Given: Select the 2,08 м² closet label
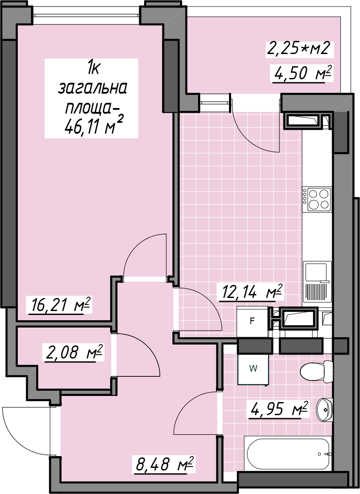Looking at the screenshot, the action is click(x=74, y=353).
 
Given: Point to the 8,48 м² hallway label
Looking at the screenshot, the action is click(x=165, y=464).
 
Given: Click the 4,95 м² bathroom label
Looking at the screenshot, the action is click(x=278, y=409).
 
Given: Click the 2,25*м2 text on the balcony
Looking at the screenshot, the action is click(x=298, y=49).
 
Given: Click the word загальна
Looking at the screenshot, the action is click(x=93, y=88).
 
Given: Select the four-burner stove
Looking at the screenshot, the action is click(x=317, y=200).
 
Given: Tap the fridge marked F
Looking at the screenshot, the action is click(x=252, y=321).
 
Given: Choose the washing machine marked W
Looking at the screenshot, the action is click(x=253, y=369).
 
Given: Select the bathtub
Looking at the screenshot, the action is click(x=289, y=454).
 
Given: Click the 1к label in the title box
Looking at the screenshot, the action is click(x=94, y=68).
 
